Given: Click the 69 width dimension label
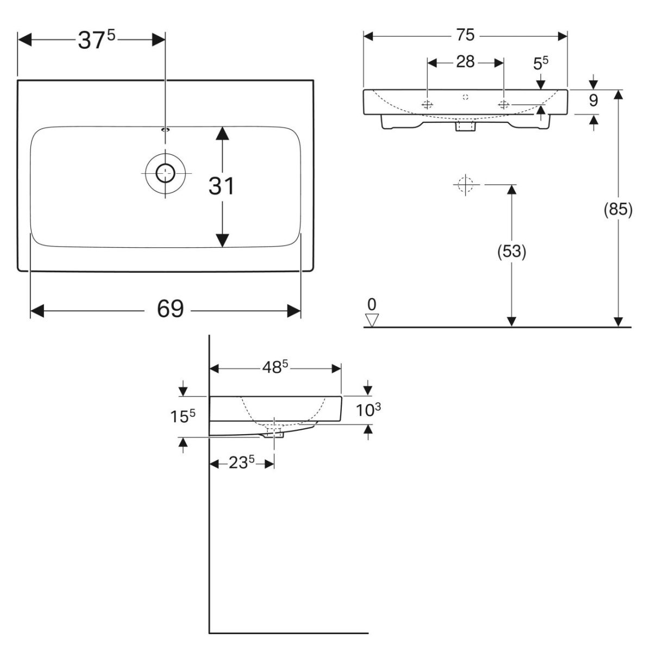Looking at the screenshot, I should click(171, 310).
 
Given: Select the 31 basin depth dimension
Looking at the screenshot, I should click(222, 186).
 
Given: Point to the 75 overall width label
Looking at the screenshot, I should click(465, 35).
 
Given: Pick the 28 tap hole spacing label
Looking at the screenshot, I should click(465, 62).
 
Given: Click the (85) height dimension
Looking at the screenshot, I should click(618, 209).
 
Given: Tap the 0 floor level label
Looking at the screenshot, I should click(372, 303).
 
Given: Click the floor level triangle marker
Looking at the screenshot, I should click(372, 320).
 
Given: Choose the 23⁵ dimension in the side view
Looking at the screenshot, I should click(241, 463).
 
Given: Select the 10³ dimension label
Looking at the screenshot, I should click(368, 410).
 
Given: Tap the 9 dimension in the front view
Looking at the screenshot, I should click(593, 101).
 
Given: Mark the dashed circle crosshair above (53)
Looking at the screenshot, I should click(465, 185).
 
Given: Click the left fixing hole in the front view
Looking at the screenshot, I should click(428, 104).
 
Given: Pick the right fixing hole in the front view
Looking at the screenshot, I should click(504, 104).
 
